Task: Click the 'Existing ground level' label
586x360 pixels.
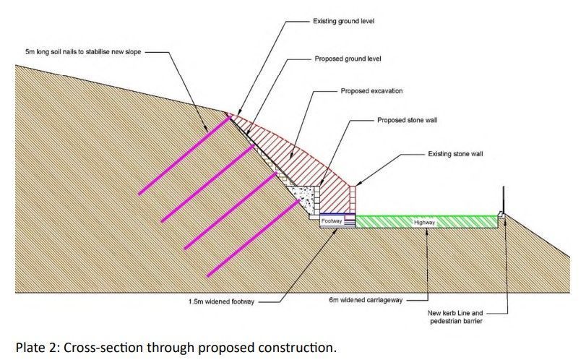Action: click(342, 22)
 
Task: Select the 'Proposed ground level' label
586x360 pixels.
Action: click(348, 58)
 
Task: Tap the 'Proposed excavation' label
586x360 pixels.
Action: click(371, 92)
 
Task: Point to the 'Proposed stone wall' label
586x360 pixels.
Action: click(407, 120)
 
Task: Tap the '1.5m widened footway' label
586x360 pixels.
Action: click(220, 301)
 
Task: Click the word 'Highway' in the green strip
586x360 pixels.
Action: click(424, 222)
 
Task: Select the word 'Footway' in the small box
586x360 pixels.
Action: click(332, 220)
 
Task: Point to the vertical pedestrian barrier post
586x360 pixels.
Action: click(501, 198)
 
